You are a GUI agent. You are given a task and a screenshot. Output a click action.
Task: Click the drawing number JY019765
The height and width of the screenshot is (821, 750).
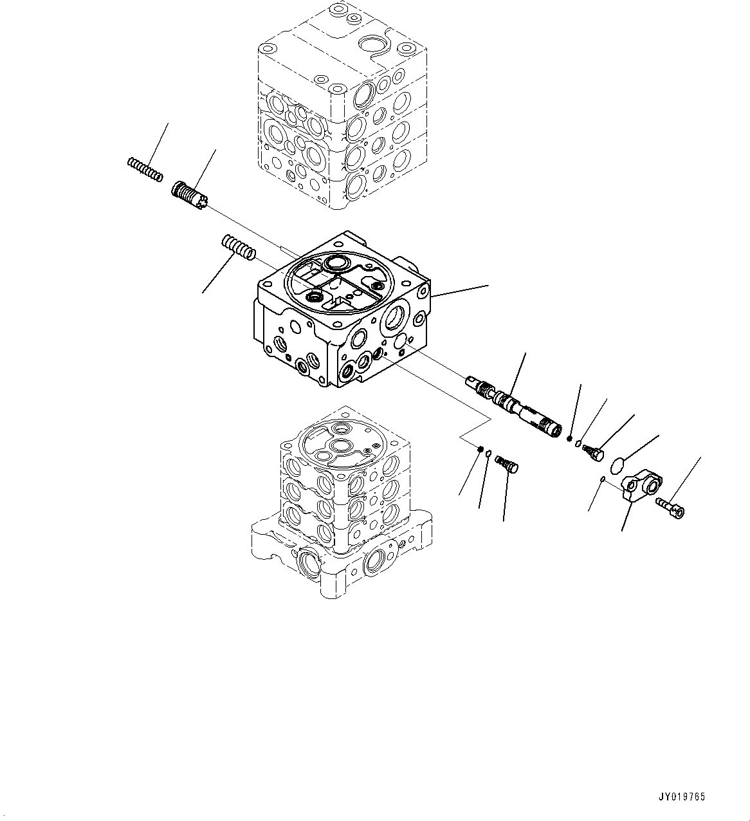click(x=681, y=797)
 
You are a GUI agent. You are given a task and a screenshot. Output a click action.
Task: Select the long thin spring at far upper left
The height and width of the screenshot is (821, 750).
click(x=145, y=169)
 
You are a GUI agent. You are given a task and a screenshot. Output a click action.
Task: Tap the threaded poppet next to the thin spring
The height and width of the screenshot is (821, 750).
click(x=188, y=196)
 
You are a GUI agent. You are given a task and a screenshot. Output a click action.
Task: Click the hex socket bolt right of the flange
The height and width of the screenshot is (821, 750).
click(x=670, y=507)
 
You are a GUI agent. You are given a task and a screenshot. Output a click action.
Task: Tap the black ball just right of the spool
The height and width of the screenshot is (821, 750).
click(x=570, y=439)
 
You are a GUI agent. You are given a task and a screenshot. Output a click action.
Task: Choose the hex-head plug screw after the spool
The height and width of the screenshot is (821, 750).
click(x=592, y=451)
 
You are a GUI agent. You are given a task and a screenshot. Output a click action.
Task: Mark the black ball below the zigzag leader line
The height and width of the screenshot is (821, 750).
click(x=480, y=448)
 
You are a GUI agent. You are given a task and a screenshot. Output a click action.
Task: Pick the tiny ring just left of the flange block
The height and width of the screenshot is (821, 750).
click(x=602, y=479)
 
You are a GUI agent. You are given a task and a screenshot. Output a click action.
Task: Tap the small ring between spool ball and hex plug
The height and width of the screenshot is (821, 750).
click(x=579, y=443)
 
